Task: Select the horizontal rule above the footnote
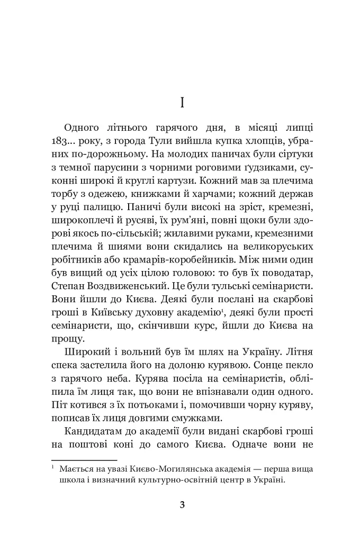click(x=84, y=460)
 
